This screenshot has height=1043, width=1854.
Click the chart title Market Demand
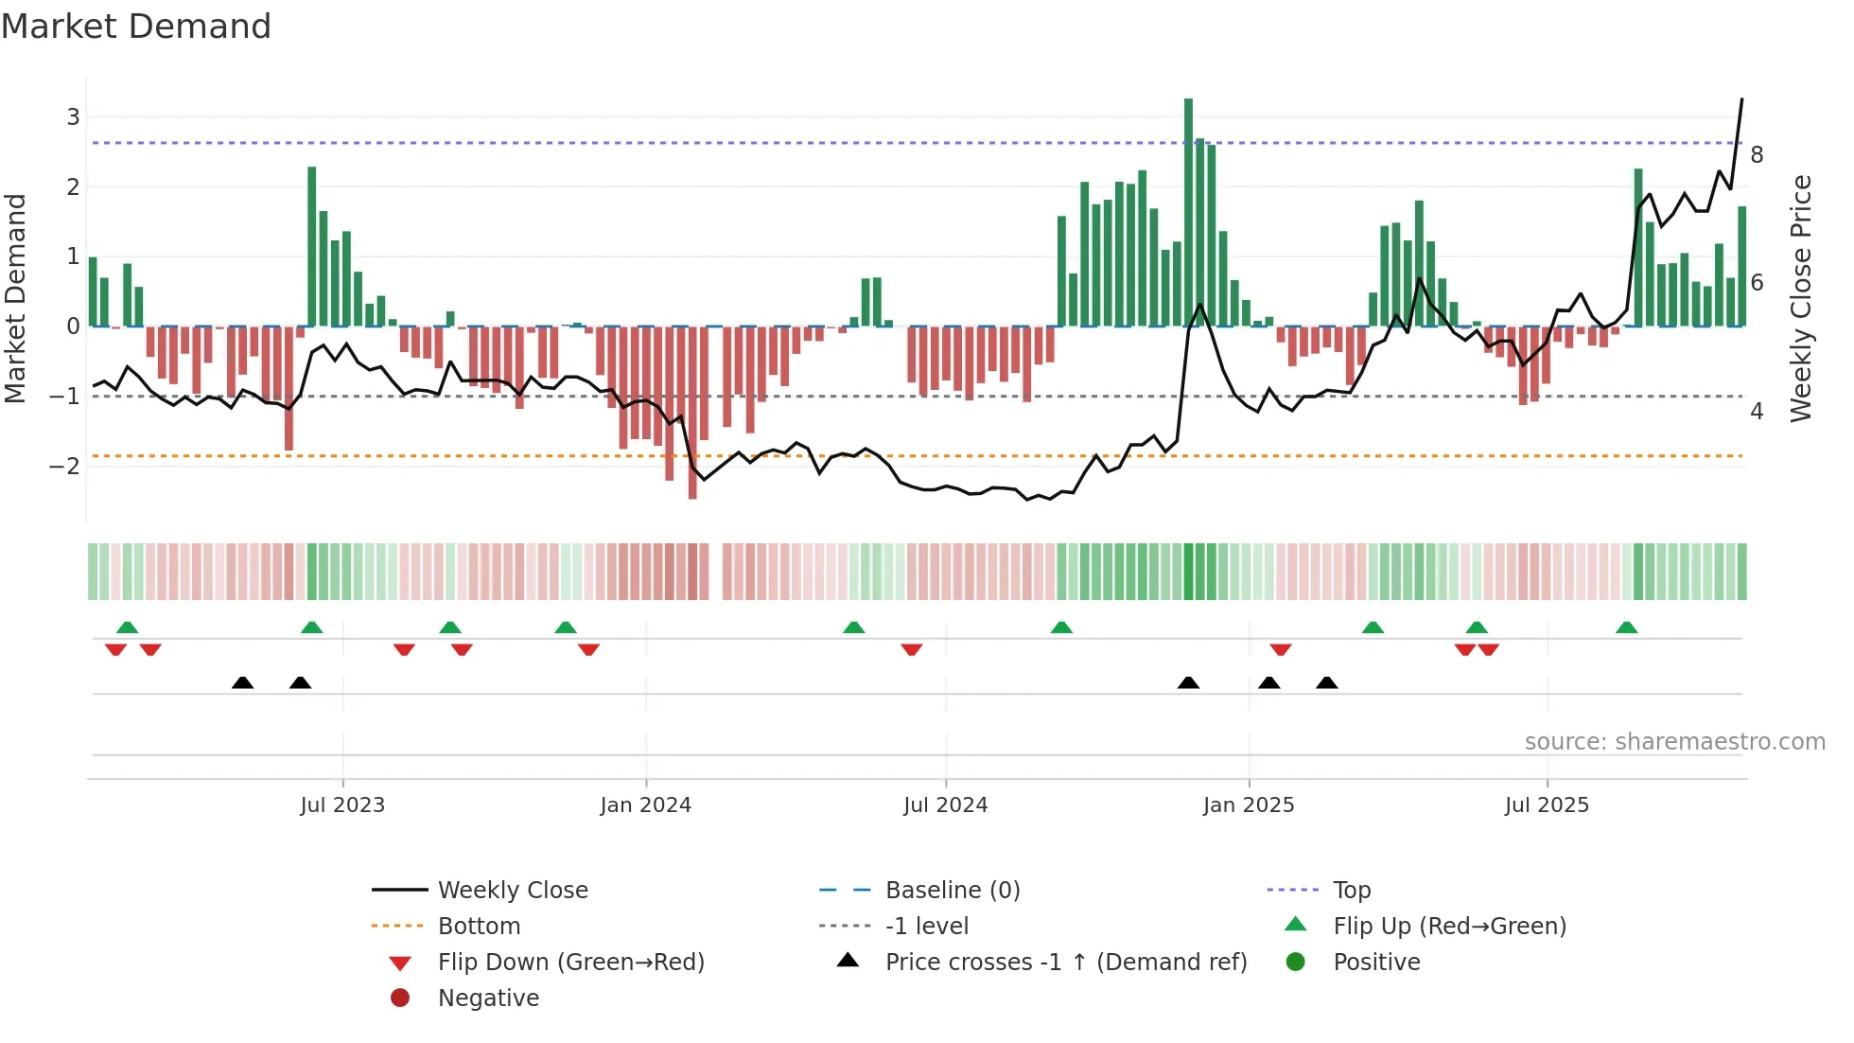(136, 27)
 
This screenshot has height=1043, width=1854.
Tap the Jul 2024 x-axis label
(945, 805)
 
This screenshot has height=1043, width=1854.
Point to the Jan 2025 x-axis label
(1249, 805)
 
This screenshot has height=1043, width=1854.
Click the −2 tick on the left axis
(64, 466)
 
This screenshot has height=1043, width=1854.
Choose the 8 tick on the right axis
(1757, 155)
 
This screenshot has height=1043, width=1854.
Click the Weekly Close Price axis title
(1801, 298)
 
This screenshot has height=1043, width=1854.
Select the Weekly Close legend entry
(512, 891)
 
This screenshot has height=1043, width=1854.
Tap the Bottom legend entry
(479, 927)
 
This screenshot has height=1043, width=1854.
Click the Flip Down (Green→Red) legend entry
(570, 963)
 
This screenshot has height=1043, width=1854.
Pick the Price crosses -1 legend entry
(1065, 963)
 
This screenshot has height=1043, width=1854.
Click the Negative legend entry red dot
(400, 999)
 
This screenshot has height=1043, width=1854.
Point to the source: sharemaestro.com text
(1674, 742)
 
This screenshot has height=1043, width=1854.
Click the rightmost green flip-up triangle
(1627, 628)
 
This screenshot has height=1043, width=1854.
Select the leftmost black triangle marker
(243, 683)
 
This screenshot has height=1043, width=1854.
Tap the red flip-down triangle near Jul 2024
(912, 649)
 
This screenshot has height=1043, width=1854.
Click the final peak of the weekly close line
(1741, 99)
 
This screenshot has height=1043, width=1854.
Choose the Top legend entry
(1351, 891)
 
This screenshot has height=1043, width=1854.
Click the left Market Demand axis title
(15, 298)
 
